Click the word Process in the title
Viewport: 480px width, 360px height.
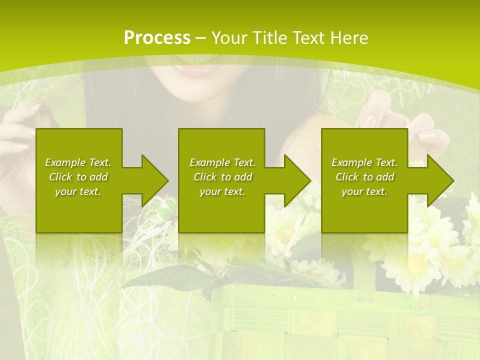point(157,37)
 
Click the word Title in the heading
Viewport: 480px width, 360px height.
point(268,37)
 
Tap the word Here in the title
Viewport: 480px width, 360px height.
point(349,37)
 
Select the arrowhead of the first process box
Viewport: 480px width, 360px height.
point(154,180)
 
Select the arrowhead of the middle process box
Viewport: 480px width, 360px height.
point(297,180)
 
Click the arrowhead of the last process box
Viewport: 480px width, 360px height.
point(440,180)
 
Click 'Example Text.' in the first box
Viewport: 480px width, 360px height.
point(78,162)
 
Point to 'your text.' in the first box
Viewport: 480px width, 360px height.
point(78,191)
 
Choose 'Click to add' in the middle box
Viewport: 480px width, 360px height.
point(222,177)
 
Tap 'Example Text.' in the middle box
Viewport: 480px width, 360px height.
point(222,162)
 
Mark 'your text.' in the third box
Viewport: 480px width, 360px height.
point(364,191)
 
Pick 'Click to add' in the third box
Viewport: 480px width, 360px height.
point(364,177)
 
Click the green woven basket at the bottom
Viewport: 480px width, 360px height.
point(340,325)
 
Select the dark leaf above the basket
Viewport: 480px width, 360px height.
point(150,277)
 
